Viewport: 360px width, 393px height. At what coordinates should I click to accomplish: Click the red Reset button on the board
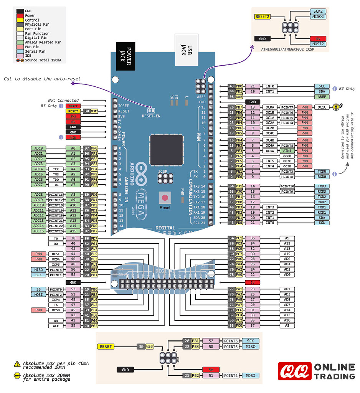click(x=165, y=198)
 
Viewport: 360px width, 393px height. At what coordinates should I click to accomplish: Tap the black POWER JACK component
click(x=124, y=56)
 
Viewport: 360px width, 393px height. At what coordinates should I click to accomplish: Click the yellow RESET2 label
click(x=263, y=17)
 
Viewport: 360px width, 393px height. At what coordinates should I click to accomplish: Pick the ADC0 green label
click(x=38, y=148)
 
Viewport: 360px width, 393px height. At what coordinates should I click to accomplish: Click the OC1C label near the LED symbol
click(x=322, y=107)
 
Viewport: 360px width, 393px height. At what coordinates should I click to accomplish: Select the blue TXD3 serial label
click(x=322, y=186)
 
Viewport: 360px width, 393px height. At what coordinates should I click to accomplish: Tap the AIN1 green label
click(x=287, y=151)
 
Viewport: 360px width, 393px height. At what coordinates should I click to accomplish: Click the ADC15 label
click(x=38, y=231)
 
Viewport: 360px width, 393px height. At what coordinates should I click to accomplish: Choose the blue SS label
click(x=38, y=289)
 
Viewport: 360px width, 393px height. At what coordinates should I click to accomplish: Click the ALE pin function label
click(x=56, y=325)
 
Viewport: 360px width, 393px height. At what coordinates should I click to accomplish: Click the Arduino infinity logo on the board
click(x=141, y=175)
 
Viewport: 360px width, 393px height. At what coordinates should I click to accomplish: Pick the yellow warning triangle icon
click(x=17, y=364)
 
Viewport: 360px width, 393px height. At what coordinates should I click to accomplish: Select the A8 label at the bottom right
click(x=287, y=325)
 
